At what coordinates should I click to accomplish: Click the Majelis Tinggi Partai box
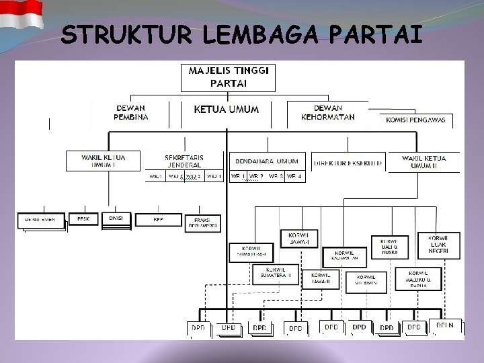[228, 77]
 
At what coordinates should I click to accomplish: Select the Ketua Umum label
[226, 110]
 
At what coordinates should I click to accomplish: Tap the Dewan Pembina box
[131, 112]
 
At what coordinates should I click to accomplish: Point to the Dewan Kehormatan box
[327, 112]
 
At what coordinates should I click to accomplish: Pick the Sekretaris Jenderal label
[184, 161]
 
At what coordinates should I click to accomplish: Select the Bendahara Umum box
[267, 161]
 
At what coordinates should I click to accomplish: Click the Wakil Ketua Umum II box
[424, 162]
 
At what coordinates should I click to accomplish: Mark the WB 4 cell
[294, 177]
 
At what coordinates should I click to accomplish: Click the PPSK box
[84, 219]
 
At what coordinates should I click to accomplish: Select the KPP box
[159, 220]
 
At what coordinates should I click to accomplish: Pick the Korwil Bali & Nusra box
[389, 246]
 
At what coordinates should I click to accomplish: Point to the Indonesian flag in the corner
[21, 14]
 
